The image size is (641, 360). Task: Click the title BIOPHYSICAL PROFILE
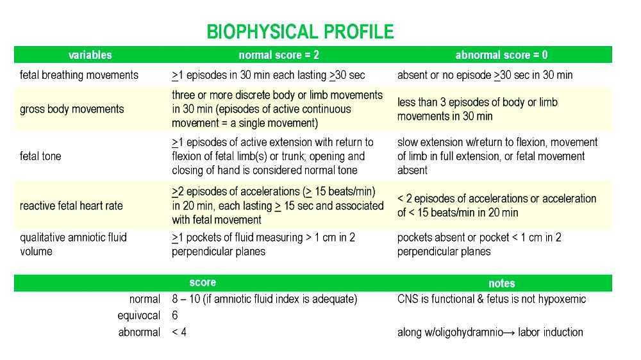click(300, 32)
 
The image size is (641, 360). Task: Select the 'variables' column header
click(90, 55)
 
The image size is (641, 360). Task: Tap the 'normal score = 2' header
click(279, 55)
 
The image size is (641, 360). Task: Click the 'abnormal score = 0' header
click(501, 55)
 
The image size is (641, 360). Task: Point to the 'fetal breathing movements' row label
click(79, 75)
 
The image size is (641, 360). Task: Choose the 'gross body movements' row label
click(72, 109)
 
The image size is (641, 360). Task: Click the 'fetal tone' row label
click(40, 156)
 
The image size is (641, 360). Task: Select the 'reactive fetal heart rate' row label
click(71, 206)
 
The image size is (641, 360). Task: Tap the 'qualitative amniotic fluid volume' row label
click(73, 244)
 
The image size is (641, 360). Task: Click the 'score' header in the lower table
click(203, 282)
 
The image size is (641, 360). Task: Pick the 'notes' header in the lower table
click(501, 283)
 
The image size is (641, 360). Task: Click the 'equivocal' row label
click(138, 316)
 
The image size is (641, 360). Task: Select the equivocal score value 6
click(175, 316)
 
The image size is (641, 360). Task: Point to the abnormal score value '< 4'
click(179, 332)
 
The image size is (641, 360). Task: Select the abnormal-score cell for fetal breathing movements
click(485, 75)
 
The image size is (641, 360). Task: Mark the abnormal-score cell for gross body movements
click(477, 109)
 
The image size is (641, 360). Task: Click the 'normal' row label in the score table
click(144, 299)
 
